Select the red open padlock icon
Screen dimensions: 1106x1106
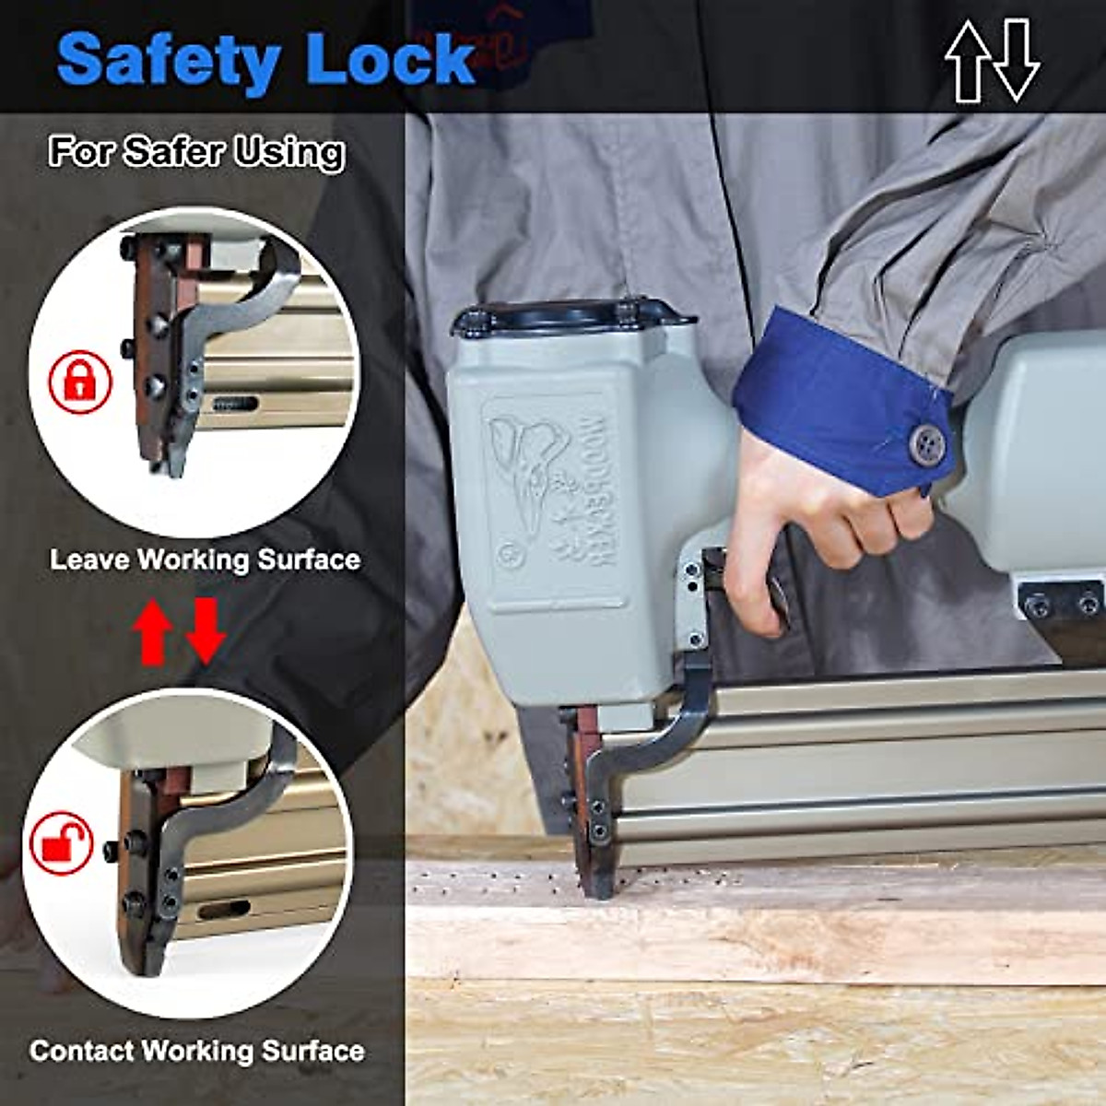(x=62, y=842)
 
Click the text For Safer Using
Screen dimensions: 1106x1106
(x=197, y=151)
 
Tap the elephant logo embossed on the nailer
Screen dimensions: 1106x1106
(x=529, y=479)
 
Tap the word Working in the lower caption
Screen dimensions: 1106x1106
(x=198, y=1051)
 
